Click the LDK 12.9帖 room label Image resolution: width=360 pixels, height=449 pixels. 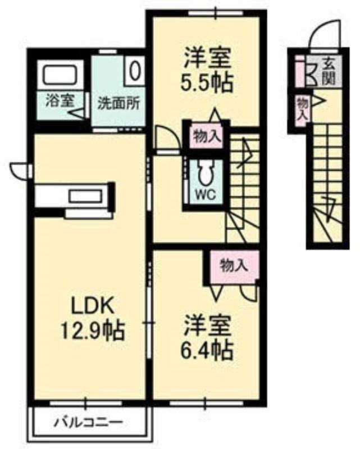[92, 317]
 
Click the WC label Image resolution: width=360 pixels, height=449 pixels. [206, 195]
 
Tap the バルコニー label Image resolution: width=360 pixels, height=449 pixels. [89, 423]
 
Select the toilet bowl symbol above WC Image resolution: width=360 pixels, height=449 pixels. [205, 172]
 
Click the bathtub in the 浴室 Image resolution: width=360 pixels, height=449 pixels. [60, 75]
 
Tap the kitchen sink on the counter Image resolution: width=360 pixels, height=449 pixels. [85, 196]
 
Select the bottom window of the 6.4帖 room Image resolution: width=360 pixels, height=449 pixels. [206, 404]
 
